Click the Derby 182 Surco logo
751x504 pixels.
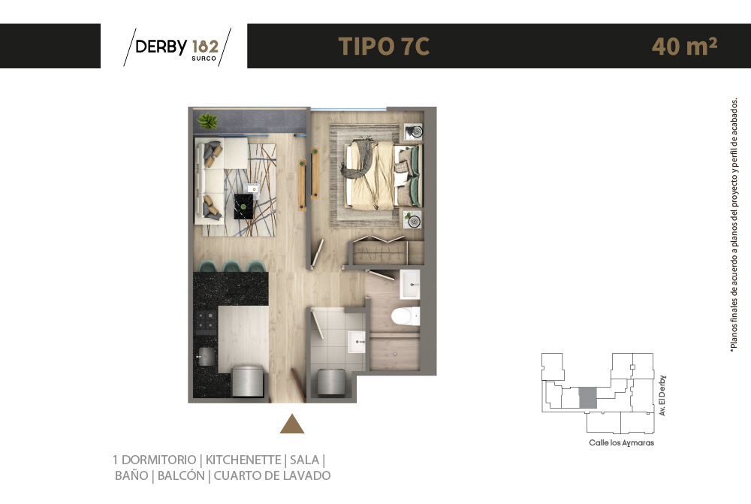(x=177, y=47)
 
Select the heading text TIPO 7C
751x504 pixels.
(x=384, y=47)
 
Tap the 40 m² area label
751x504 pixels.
(x=684, y=47)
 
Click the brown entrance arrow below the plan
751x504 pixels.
(x=292, y=425)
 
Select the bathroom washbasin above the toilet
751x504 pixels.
(x=410, y=285)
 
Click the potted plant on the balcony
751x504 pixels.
(x=207, y=120)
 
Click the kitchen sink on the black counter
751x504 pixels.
(x=205, y=357)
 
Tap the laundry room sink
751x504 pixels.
(x=356, y=343)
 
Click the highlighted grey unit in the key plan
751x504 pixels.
(x=588, y=398)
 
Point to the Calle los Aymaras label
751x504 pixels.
(x=621, y=443)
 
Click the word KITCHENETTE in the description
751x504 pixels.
(x=243, y=460)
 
